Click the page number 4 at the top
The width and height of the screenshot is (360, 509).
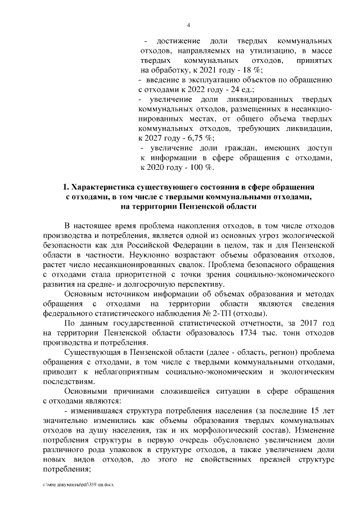coord(188,24)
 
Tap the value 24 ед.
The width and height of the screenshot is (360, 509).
coord(242,89)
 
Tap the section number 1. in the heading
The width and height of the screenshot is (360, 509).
coord(66,186)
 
